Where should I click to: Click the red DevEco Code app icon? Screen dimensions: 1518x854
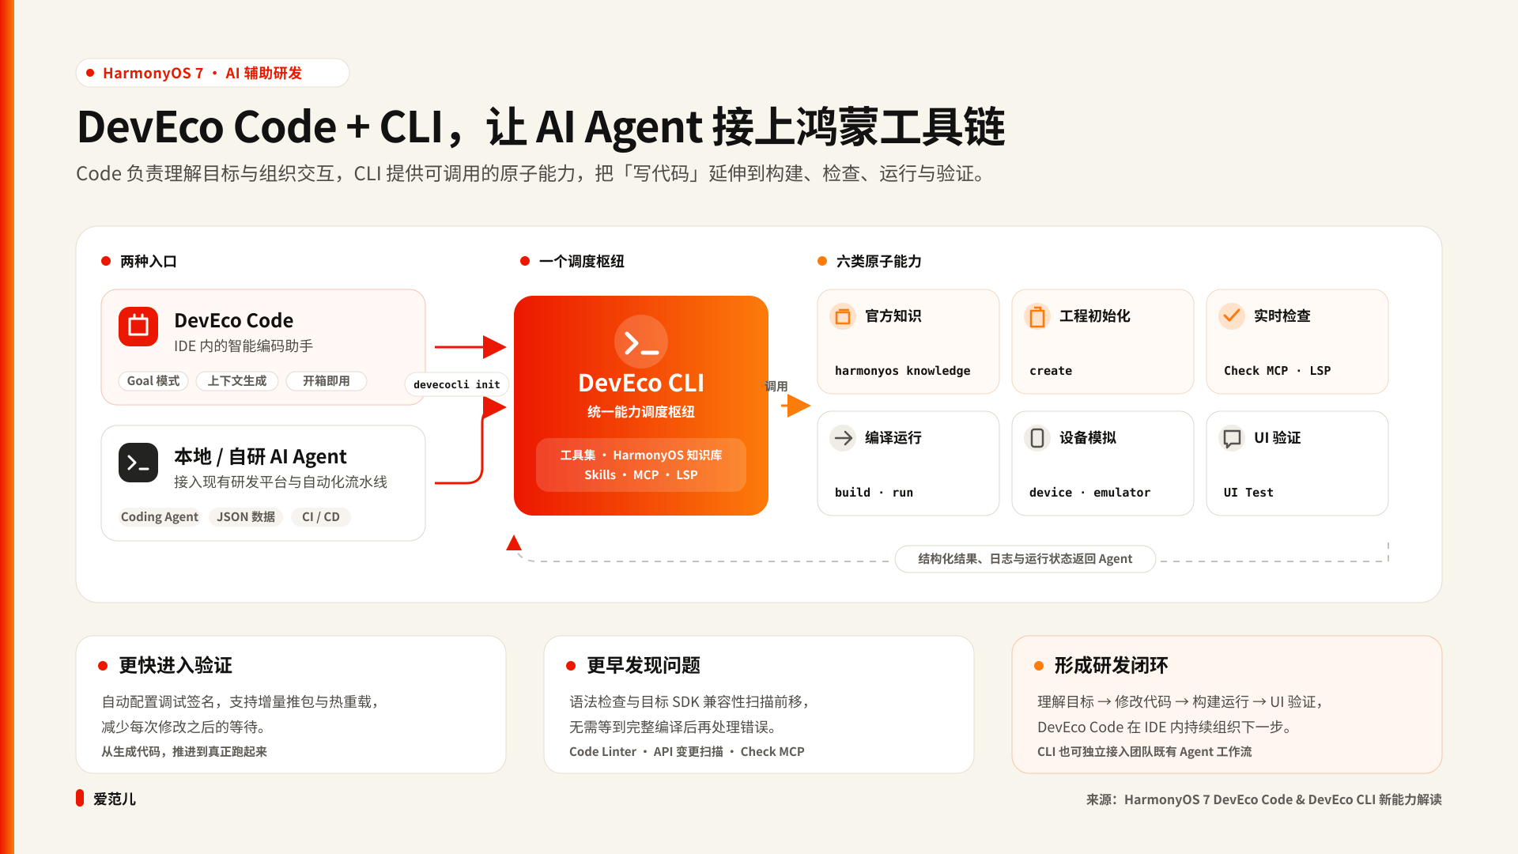(138, 327)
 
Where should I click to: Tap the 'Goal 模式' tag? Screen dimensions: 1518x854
(153, 381)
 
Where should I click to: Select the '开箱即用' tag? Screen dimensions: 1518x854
(327, 381)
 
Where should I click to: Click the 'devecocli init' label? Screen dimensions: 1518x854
(457, 385)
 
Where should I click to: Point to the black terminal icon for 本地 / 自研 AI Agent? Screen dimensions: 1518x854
(138, 463)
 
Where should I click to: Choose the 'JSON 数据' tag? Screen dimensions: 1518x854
(246, 517)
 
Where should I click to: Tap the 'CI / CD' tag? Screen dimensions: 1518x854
(321, 517)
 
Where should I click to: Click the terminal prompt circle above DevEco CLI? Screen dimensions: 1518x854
(641, 342)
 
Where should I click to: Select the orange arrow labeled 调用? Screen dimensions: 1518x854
(796, 406)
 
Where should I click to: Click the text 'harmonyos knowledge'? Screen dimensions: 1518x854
(902, 371)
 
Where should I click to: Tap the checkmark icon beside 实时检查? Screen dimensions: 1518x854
(1232, 316)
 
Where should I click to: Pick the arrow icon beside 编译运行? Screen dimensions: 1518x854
(843, 438)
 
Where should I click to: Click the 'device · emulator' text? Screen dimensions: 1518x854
(1089, 493)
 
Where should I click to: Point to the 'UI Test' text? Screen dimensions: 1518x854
(1248, 493)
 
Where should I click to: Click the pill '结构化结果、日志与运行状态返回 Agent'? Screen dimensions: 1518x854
(1025, 559)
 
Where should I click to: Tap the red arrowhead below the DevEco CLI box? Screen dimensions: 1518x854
(514, 542)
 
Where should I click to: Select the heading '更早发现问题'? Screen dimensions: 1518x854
(644, 666)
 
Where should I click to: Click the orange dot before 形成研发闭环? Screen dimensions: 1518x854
(1039, 666)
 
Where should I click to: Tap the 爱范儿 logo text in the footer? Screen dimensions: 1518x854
(115, 799)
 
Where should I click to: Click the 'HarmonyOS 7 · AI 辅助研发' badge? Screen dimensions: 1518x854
(213, 73)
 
